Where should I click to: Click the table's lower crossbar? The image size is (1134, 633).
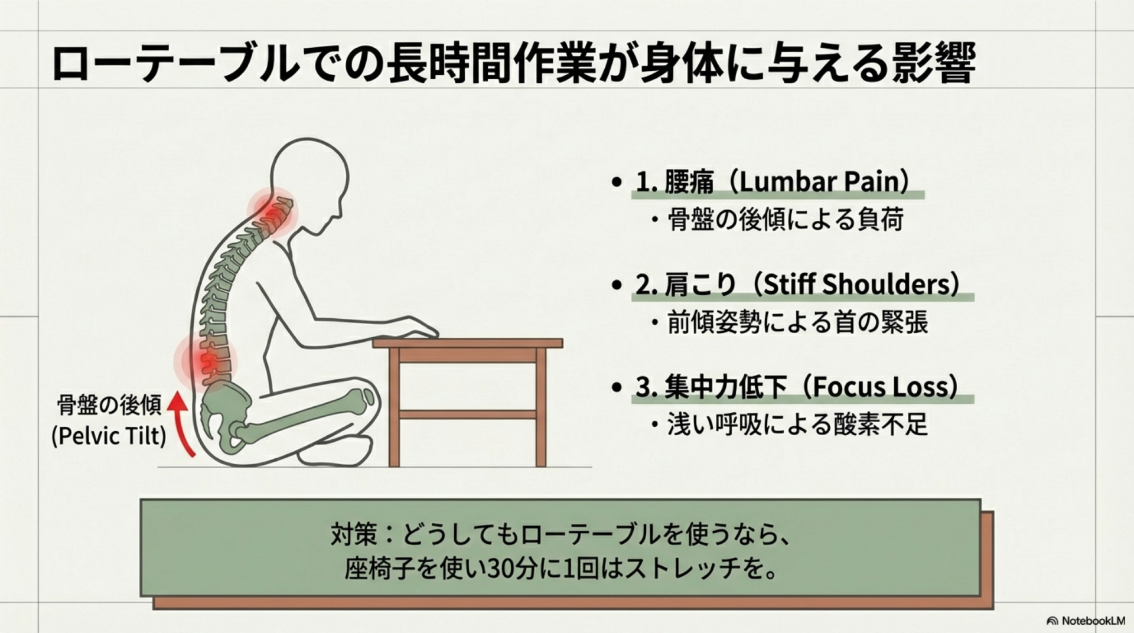point(467,415)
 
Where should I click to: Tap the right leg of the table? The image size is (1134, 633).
point(540,407)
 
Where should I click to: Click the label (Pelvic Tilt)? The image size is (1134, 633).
point(109,436)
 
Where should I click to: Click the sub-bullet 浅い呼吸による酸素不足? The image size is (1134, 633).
point(797,425)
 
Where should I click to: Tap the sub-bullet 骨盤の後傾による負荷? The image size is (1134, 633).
point(785,220)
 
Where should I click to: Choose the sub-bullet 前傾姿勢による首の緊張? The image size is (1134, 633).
point(797,322)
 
